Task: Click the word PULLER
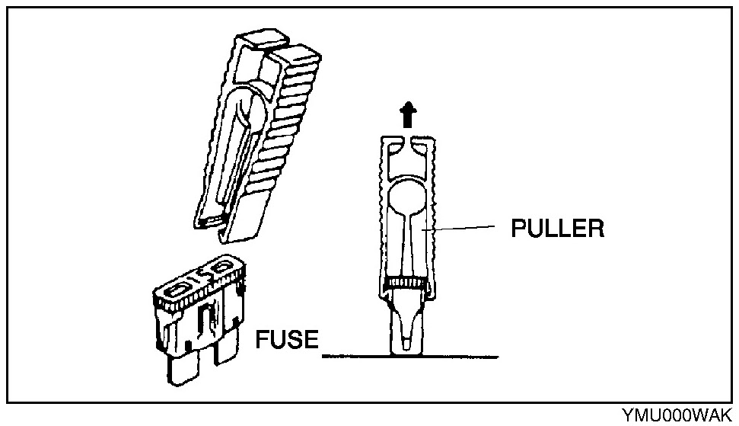558,228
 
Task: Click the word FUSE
287,338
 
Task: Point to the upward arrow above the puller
409,117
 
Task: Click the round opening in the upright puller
408,199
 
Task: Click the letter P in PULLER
518,228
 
